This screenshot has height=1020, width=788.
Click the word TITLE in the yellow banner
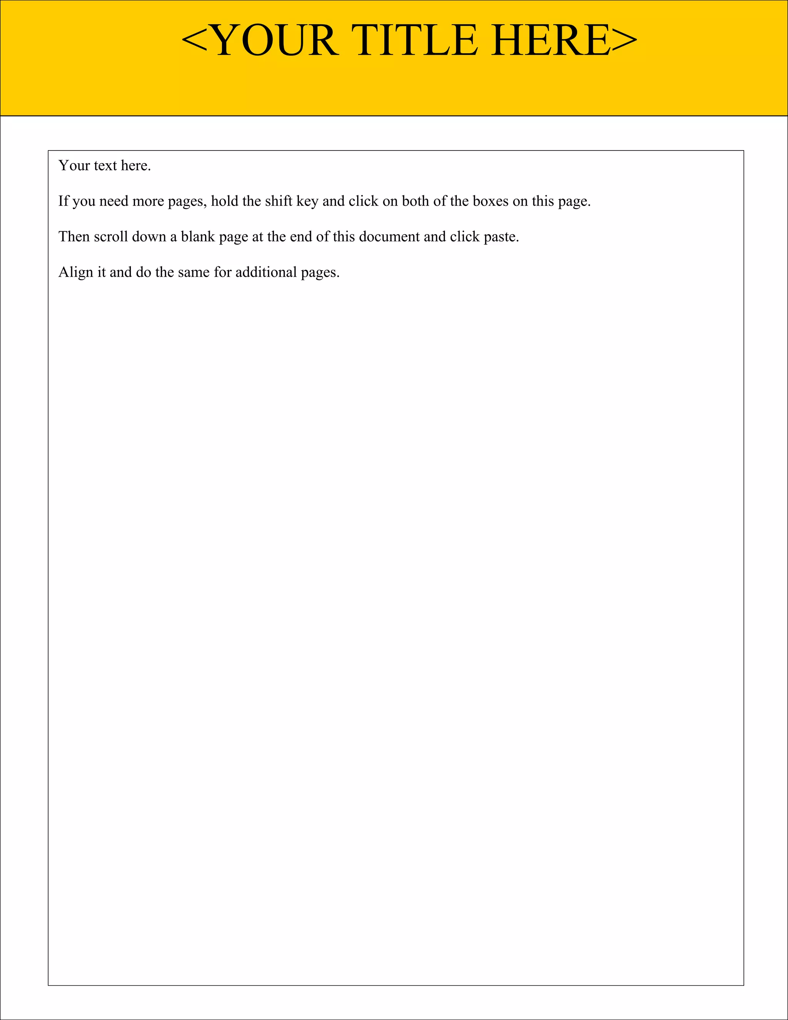tap(417, 41)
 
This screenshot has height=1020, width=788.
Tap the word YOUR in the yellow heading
tap(275, 41)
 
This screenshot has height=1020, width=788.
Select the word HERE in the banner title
tap(551, 41)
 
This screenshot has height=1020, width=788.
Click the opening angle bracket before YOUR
tap(194, 41)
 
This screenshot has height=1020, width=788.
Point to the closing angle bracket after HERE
tap(624, 41)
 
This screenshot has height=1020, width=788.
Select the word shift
tap(279, 201)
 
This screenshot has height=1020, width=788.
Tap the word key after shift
tap(307, 202)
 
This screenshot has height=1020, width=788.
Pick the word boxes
tap(491, 201)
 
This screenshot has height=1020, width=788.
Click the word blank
tap(197, 237)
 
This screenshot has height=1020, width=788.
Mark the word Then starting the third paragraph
tap(74, 237)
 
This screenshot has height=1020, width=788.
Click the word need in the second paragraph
tap(114, 201)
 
